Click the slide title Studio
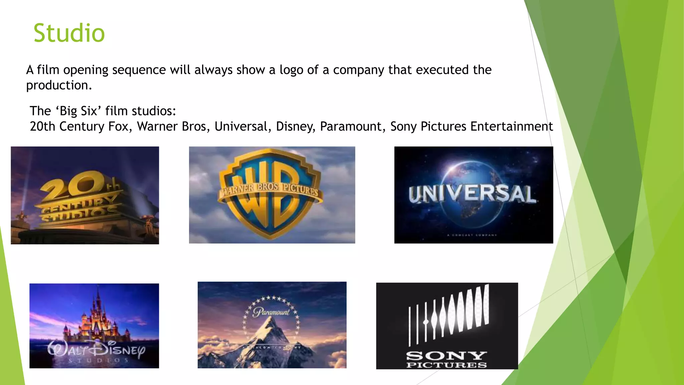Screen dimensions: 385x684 pos(69,33)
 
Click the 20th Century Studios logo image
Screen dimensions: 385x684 pos(85,195)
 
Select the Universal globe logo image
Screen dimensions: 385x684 pos(473,195)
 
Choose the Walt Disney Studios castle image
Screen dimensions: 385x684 pos(94,326)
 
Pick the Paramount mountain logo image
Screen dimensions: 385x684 pos(272,325)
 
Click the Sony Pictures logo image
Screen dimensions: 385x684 pos(447,326)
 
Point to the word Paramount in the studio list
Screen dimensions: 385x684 pos(350,126)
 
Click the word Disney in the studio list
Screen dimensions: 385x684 pos(295,126)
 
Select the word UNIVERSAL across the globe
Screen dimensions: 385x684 pos(472,194)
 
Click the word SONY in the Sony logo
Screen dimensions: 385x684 pos(447,356)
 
